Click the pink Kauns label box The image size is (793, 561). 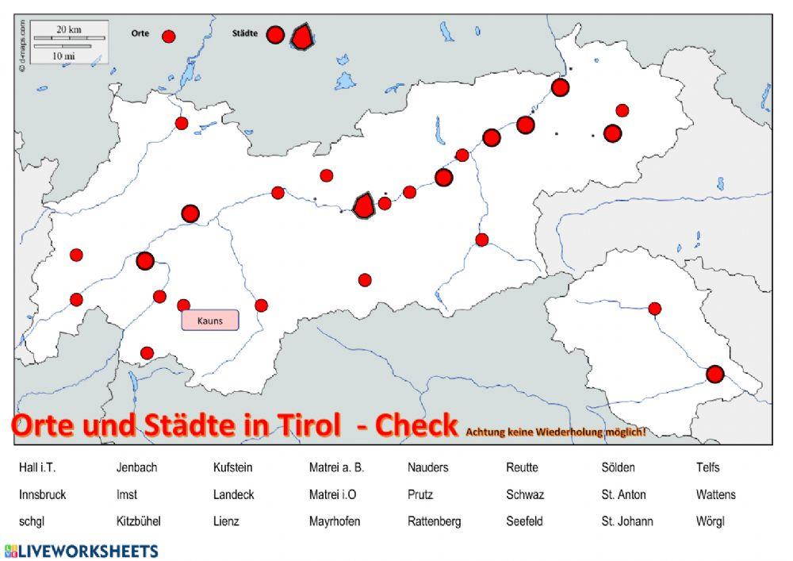pyautogui.click(x=210, y=321)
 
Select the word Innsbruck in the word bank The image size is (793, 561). pyautogui.click(x=42, y=494)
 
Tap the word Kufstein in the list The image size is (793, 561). pyautogui.click(x=232, y=467)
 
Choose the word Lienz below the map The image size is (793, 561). pyautogui.click(x=226, y=521)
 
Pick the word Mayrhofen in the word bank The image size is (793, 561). pyautogui.click(x=335, y=521)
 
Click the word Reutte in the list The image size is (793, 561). pyautogui.click(x=522, y=467)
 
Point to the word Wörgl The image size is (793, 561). pyautogui.click(x=710, y=521)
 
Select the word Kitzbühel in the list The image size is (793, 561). pyautogui.click(x=139, y=521)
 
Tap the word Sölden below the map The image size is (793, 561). pyautogui.click(x=618, y=467)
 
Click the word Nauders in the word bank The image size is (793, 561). pyautogui.click(x=427, y=467)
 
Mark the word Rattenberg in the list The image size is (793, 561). pyautogui.click(x=434, y=521)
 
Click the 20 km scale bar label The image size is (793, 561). pyautogui.click(x=69, y=29)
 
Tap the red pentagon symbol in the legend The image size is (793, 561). pyautogui.click(x=301, y=37)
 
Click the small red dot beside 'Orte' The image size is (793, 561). pyautogui.click(x=168, y=36)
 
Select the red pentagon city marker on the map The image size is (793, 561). pyautogui.click(x=363, y=206)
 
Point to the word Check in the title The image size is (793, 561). pyautogui.click(x=416, y=425)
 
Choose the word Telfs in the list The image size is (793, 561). pyautogui.click(x=707, y=467)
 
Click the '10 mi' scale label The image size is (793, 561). pyautogui.click(x=63, y=56)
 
